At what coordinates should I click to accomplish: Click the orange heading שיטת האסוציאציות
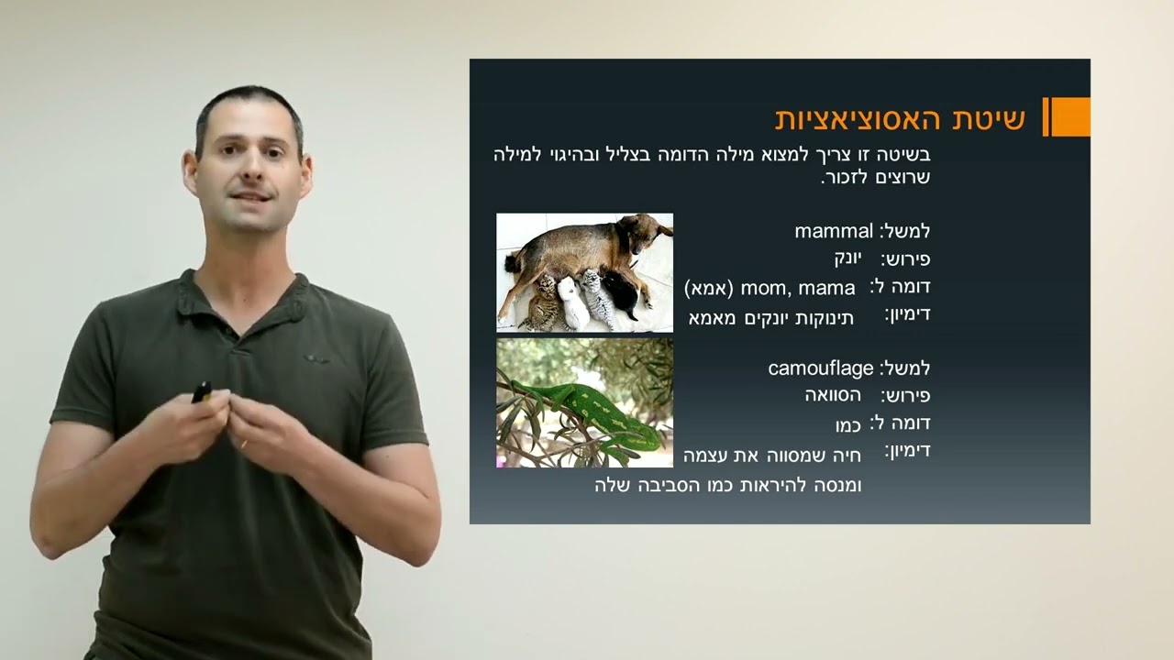pyautogui.click(x=900, y=118)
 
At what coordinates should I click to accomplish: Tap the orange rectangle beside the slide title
pyautogui.click(x=1069, y=116)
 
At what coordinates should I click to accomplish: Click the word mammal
pyautogui.click(x=834, y=231)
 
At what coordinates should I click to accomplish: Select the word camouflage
pyautogui.click(x=821, y=368)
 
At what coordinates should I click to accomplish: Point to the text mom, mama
pyautogui.click(x=798, y=289)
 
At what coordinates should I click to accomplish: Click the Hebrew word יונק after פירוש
pyautogui.click(x=850, y=258)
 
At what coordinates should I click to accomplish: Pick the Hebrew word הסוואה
pyautogui.click(x=833, y=396)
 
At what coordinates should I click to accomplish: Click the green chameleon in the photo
pyautogui.click(x=587, y=408)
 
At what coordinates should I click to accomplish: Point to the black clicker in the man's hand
pyautogui.click(x=201, y=391)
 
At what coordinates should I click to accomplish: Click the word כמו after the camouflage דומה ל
pyautogui.click(x=848, y=424)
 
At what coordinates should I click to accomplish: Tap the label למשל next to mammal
pyautogui.click(x=905, y=231)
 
